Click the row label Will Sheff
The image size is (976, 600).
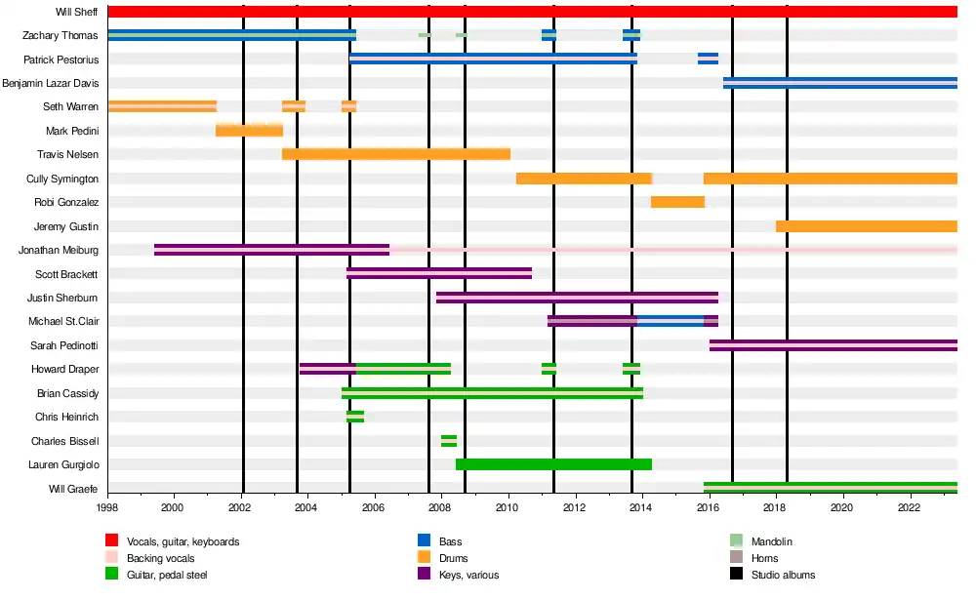click(76, 12)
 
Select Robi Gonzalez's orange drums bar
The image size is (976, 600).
click(677, 202)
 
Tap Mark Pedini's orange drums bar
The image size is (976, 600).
click(249, 131)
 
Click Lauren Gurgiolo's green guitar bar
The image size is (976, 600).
click(553, 464)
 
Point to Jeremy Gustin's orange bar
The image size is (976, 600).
click(866, 226)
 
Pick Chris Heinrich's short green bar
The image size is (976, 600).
click(355, 417)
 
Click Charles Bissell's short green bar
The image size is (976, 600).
click(449, 441)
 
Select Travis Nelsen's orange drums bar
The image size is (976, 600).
click(396, 154)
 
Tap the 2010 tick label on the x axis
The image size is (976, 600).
click(508, 508)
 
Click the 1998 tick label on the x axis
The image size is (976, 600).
click(107, 508)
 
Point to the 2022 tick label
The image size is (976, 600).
click(909, 508)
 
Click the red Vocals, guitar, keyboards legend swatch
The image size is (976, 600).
click(112, 541)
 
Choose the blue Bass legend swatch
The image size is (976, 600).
click(425, 541)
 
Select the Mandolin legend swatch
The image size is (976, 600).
click(737, 541)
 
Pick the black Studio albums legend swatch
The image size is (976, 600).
click(737, 575)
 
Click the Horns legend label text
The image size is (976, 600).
click(765, 558)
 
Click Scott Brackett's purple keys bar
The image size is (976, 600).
click(439, 273)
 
